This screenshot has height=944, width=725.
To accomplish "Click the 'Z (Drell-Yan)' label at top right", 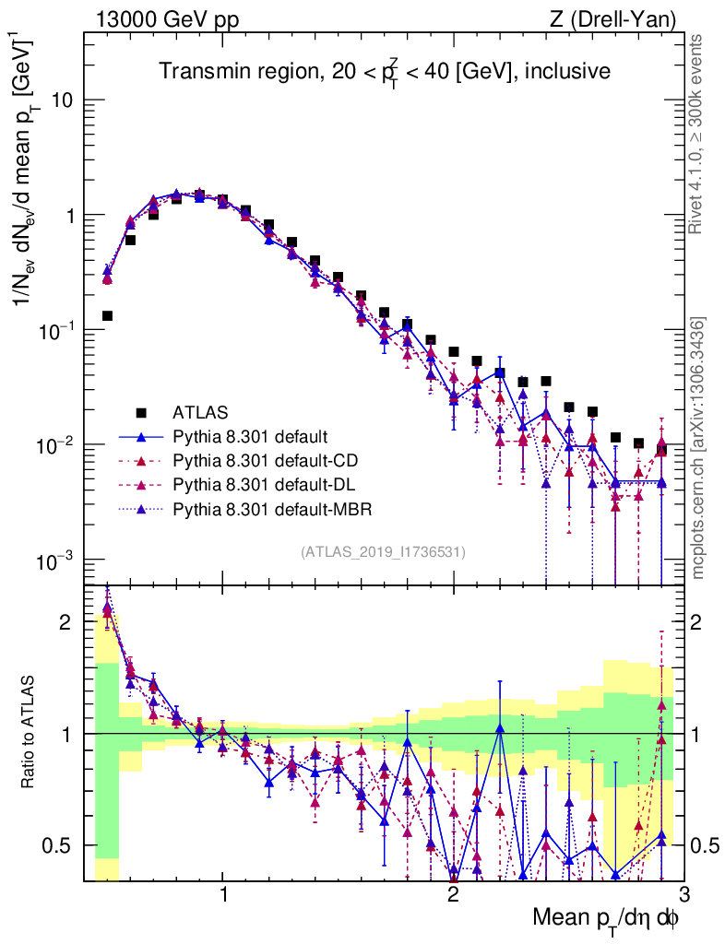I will [609, 18].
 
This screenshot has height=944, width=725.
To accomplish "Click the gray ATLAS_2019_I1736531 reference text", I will [383, 552].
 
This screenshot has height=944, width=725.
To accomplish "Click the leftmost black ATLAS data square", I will [107, 315].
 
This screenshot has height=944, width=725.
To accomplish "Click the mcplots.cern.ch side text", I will [698, 447].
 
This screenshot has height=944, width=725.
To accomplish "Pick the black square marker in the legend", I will [141, 411].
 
